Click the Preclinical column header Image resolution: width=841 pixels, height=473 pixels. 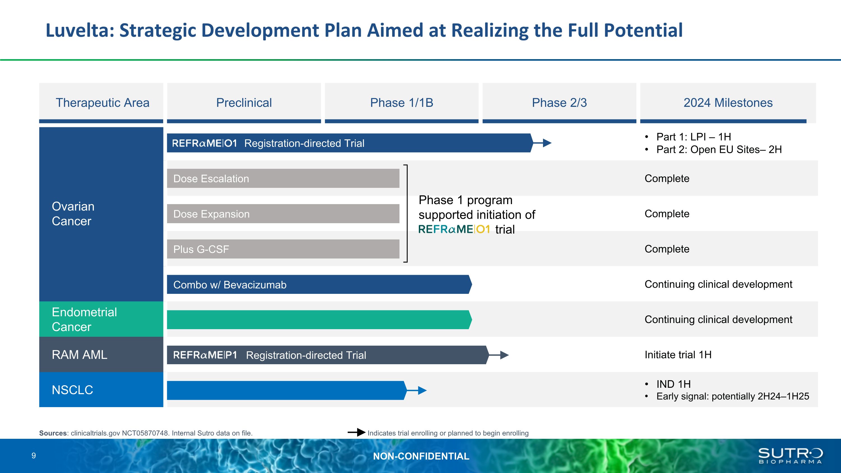[244, 103]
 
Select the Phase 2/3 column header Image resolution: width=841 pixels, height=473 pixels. [559, 103]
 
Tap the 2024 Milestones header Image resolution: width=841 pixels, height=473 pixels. [728, 103]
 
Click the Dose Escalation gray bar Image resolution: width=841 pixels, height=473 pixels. [283, 178]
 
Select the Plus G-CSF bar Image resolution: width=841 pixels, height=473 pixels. [283, 249]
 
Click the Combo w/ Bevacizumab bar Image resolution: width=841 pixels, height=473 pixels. [318, 284]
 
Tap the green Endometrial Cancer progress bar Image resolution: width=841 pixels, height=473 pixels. [318, 320]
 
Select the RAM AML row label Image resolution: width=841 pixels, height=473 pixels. [79, 354]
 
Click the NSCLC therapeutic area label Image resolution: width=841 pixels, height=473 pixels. [73, 390]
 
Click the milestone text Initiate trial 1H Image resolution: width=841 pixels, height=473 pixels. [678, 354]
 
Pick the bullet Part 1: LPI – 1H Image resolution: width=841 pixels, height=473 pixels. [694, 137]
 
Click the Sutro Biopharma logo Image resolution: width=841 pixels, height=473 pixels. [790, 456]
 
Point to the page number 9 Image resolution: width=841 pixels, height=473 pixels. [34, 456]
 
